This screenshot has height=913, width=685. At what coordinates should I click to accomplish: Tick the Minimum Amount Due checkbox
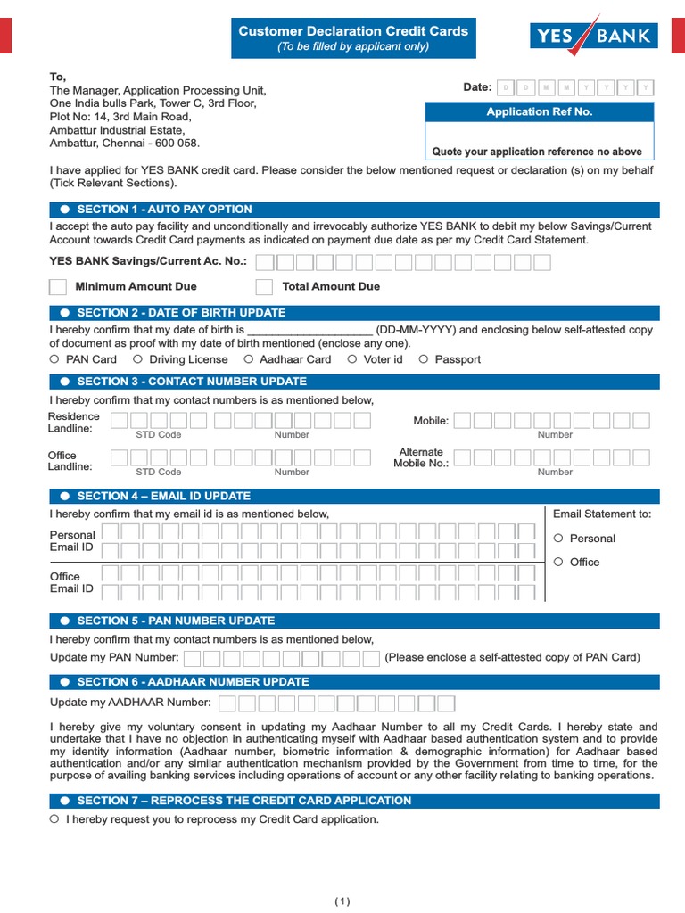click(x=58, y=286)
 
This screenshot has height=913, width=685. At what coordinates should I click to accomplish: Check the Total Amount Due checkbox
click(x=264, y=286)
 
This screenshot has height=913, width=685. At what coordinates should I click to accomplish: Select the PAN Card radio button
click(x=55, y=359)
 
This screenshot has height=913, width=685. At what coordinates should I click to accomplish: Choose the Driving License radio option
click(x=137, y=359)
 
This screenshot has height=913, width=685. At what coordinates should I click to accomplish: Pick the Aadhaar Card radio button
click(x=248, y=359)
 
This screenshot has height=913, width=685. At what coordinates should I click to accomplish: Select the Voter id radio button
click(x=352, y=359)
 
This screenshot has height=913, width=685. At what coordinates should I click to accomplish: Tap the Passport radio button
click(x=424, y=359)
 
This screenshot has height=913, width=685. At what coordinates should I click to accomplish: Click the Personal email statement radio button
click(x=558, y=538)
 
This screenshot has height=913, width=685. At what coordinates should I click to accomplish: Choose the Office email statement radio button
click(x=558, y=562)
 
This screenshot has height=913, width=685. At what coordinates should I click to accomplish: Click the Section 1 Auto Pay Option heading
click(x=165, y=210)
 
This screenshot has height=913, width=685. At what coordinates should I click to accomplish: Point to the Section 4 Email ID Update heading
click(x=164, y=496)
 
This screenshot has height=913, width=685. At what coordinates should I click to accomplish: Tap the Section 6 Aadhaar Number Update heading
click(x=193, y=682)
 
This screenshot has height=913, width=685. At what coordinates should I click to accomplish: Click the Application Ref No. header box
click(x=539, y=112)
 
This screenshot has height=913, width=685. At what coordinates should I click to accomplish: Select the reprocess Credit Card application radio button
click(x=55, y=819)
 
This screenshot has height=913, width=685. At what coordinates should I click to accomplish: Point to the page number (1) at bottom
click(x=343, y=901)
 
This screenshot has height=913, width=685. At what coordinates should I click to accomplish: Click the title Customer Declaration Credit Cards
click(x=353, y=31)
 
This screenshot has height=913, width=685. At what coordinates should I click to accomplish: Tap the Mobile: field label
click(x=431, y=421)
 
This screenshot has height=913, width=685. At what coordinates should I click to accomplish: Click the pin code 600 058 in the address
click(x=177, y=143)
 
